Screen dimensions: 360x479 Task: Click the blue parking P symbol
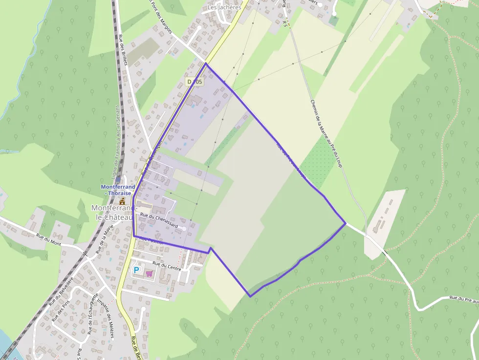[137, 270]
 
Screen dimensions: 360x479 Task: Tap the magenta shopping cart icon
[149, 274]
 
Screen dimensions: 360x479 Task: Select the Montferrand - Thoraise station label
[118, 190]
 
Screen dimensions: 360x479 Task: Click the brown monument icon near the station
[122, 200]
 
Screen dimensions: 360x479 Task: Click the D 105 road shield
[195, 82]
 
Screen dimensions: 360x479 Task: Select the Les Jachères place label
[224, 7]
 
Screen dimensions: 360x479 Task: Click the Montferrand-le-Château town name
[112, 212]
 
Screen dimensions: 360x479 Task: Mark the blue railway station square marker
[118, 180]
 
